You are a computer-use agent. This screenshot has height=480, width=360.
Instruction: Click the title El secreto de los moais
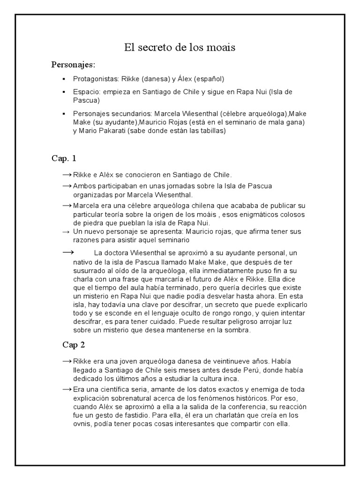pyautogui.click(x=180, y=47)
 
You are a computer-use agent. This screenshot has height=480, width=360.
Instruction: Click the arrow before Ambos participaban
pyautogui.click(x=67, y=186)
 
